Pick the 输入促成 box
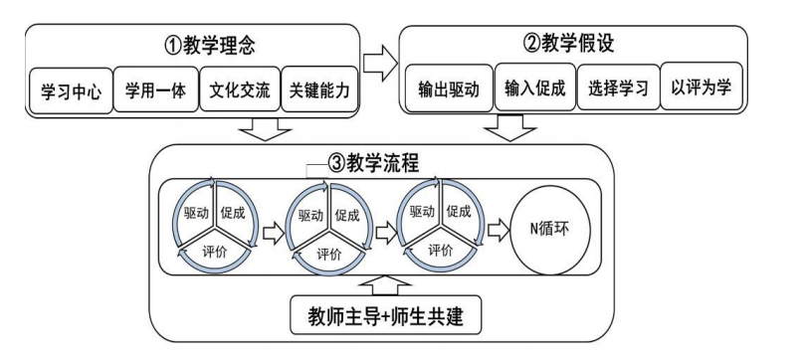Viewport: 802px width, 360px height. click(534, 89)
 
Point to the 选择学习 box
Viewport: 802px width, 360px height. click(620, 89)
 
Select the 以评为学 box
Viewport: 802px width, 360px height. click(706, 89)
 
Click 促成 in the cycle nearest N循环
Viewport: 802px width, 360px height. click(459, 213)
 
